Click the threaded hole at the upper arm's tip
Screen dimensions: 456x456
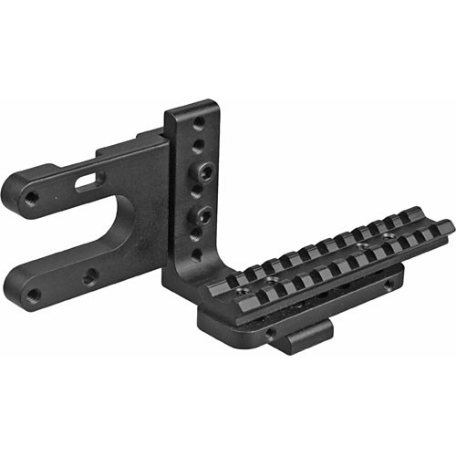[31, 197]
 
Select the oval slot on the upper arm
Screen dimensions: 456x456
[86, 181]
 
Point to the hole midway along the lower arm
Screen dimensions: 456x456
[91, 277]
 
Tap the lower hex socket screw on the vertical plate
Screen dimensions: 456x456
[202, 215]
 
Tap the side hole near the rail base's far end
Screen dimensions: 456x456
[390, 286]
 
